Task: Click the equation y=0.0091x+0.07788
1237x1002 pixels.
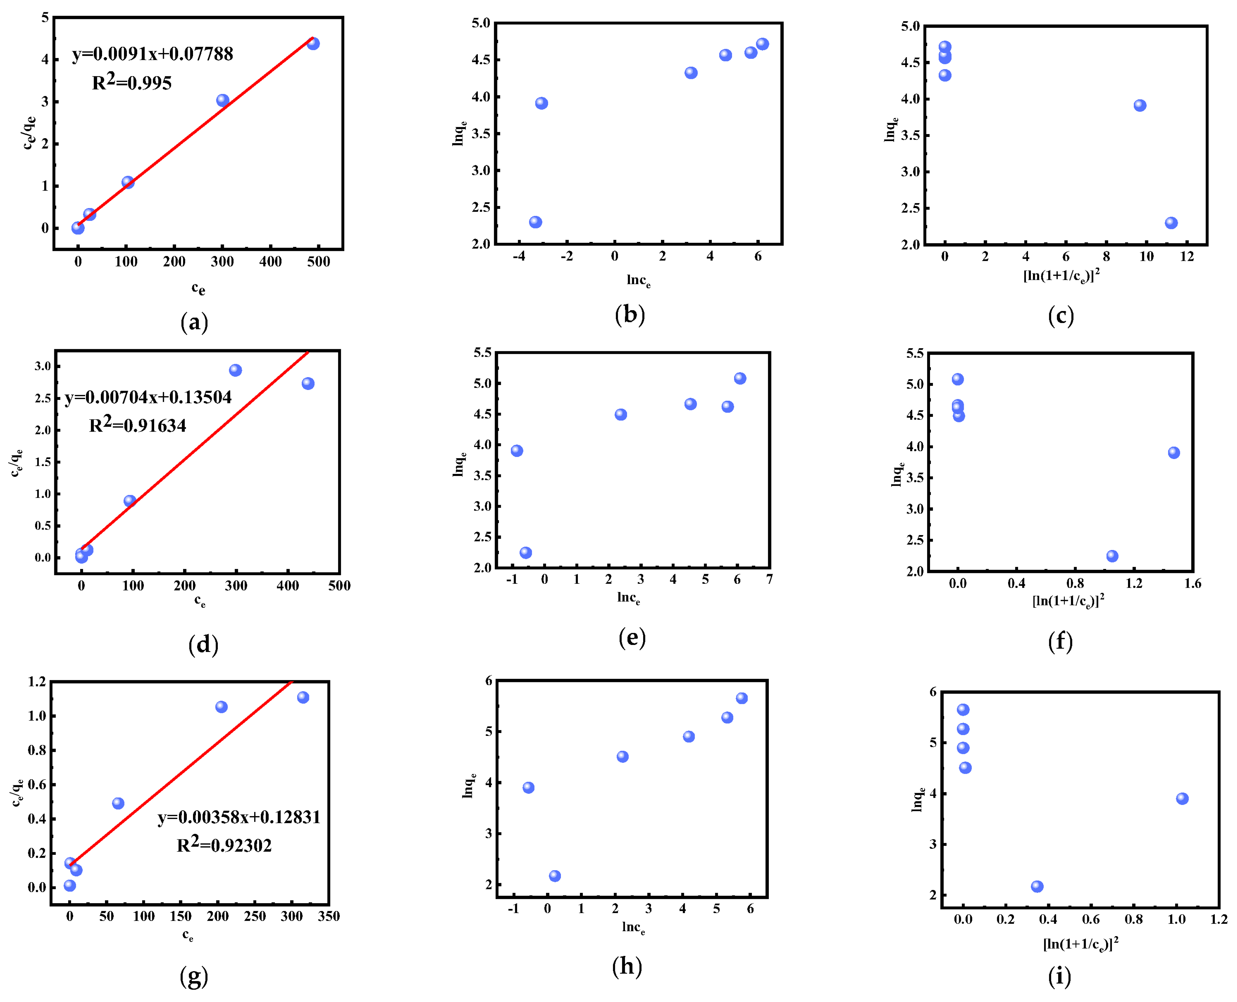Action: pyautogui.click(x=152, y=54)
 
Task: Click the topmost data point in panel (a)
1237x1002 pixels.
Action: pyautogui.click(x=313, y=43)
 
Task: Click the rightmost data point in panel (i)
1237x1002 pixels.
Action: pyautogui.click(x=1182, y=799)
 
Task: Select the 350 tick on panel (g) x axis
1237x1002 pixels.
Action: pyautogui.click(x=329, y=917)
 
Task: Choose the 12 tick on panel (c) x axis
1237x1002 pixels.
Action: pyautogui.click(x=1187, y=257)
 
